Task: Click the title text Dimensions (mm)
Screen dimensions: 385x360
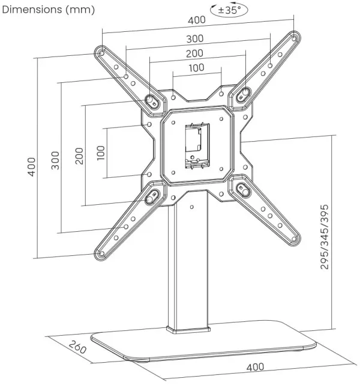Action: (47, 10)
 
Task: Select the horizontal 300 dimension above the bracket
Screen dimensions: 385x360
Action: (195, 38)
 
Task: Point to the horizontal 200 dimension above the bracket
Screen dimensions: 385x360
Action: (195, 53)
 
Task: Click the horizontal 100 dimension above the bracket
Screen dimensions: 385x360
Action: (196, 67)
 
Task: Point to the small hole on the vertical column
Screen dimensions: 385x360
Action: (192, 208)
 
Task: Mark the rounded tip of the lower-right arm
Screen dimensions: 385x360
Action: (293, 240)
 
